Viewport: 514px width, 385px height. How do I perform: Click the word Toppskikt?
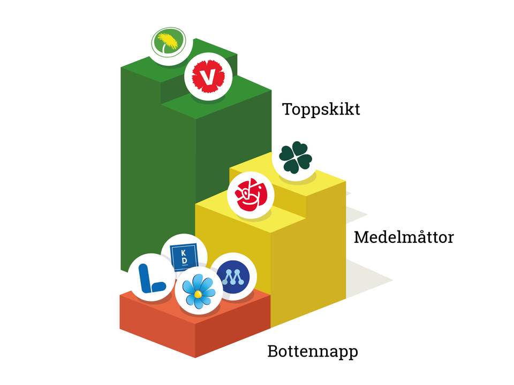coord(321,110)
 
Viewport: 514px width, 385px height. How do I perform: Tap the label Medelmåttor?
coord(404,237)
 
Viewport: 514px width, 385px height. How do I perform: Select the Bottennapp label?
coord(313,352)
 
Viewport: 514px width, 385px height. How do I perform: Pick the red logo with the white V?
coord(208,76)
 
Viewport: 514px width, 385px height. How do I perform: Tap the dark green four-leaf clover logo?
coord(296,157)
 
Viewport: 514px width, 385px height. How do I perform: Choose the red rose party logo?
coord(251,195)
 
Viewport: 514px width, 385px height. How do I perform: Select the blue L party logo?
coord(151,278)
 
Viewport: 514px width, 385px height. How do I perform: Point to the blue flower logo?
coord(199,291)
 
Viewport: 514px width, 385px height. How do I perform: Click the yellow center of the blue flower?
coord(198,294)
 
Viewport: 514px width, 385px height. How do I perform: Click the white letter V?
coord(208,77)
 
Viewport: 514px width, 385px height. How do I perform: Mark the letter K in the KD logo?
coord(183,252)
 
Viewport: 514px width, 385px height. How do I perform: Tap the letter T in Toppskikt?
coord(288,109)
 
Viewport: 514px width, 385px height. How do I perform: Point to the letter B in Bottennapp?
coord(273,351)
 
